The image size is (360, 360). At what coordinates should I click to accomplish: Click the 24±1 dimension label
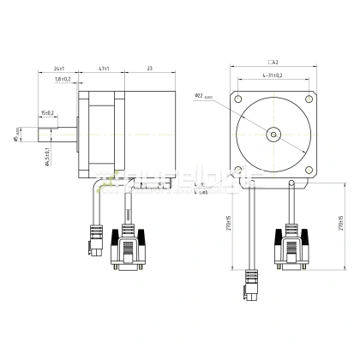pyautogui.click(x=58, y=68)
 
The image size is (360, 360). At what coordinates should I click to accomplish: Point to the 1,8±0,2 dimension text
pyautogui.click(x=63, y=80)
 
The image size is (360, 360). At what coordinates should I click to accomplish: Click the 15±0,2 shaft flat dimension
pyautogui.click(x=46, y=112)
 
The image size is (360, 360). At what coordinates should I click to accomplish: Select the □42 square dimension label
pyautogui.click(x=273, y=62)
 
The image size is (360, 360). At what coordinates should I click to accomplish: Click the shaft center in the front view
pyautogui.click(x=273, y=134)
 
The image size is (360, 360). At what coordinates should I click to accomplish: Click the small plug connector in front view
pyautogui.click(x=253, y=282)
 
